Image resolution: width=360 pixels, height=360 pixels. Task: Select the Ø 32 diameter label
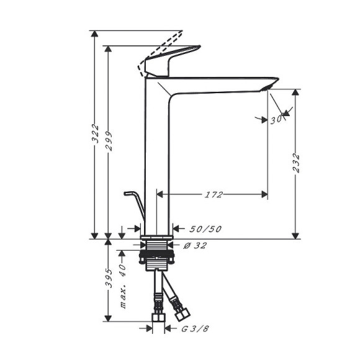coord(196,246)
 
